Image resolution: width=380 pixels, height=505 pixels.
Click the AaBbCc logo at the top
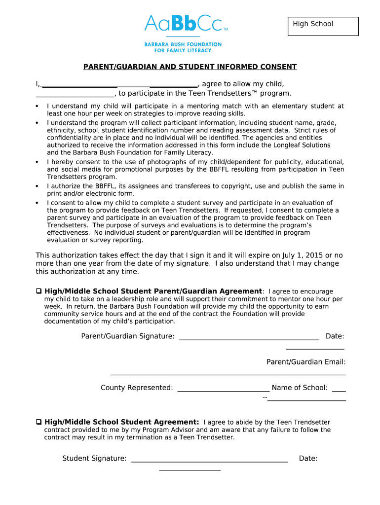186,23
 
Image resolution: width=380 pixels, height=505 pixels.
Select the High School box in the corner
323,26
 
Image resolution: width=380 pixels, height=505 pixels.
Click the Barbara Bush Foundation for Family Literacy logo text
183,47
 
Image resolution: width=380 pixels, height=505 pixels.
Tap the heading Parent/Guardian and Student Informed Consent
190,67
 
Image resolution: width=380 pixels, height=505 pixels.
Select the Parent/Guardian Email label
306,362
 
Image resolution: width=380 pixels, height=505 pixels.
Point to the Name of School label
300,388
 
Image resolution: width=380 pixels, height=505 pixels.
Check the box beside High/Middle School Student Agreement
39,422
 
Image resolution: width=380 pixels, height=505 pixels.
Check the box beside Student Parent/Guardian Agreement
39,291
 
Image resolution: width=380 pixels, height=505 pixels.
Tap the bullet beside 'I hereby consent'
37,162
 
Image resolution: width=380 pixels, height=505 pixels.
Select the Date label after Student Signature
308,459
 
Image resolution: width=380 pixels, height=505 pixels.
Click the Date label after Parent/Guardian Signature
335,336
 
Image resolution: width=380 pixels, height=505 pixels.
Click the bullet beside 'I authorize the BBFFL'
37,186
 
